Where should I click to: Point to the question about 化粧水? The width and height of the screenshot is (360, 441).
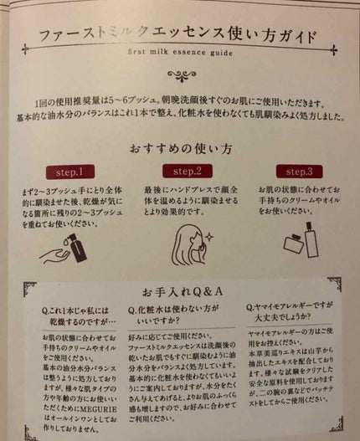pyautogui.click(x=183, y=314)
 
